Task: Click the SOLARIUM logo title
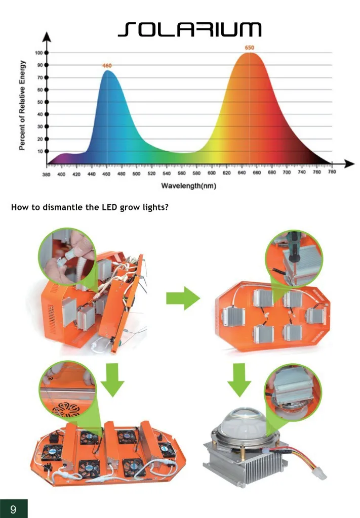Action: (x=190, y=29)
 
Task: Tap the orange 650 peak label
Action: (x=250, y=48)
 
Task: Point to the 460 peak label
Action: (x=107, y=65)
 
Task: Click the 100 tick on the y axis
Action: (x=38, y=53)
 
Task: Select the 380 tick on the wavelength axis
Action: (x=46, y=174)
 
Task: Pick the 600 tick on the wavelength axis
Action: (x=212, y=173)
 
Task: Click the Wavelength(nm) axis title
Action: (x=189, y=186)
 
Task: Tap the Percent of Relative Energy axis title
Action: (x=22, y=105)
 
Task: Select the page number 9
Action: (x=13, y=509)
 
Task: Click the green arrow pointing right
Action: (x=183, y=298)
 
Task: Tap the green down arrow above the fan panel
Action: (x=112, y=380)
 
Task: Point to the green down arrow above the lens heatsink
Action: (x=239, y=380)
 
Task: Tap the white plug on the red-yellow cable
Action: (x=320, y=473)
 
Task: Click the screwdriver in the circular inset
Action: (x=293, y=246)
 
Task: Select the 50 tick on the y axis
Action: (x=40, y=102)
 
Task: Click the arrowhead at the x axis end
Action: (x=349, y=163)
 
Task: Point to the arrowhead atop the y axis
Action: (x=47, y=36)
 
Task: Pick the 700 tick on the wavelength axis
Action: (x=287, y=172)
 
